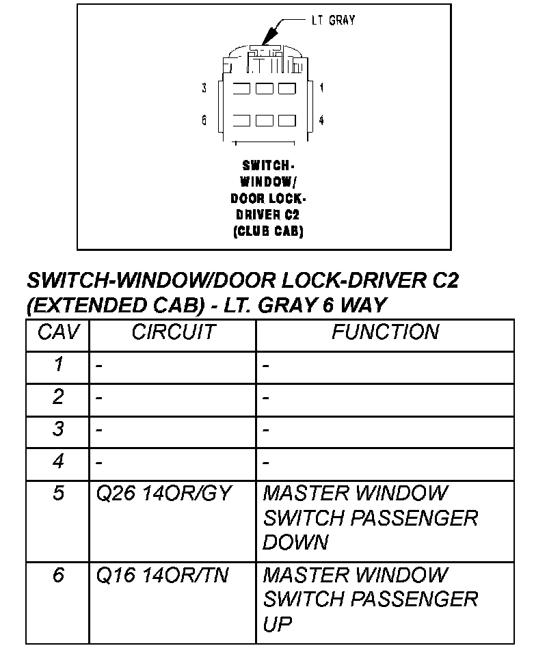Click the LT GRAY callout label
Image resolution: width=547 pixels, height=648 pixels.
click(333, 21)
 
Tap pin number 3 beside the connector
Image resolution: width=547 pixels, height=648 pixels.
click(204, 88)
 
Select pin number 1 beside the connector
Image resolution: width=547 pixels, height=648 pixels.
click(321, 88)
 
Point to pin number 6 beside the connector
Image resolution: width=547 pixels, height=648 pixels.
click(204, 120)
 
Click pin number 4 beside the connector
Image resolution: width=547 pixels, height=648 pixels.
click(321, 120)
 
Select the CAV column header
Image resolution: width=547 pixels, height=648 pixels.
click(58, 333)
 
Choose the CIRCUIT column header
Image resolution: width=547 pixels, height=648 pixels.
click(173, 333)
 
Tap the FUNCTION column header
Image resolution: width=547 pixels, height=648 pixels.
click(385, 333)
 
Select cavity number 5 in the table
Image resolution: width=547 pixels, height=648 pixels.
click(59, 494)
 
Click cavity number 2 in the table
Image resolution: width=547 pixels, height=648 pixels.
click(59, 397)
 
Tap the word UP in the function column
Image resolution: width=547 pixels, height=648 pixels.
click(277, 624)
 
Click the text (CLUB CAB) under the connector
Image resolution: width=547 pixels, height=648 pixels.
click(269, 231)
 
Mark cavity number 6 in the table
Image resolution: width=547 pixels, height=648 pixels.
click(59, 576)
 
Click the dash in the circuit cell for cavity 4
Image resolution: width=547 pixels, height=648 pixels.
click(99, 463)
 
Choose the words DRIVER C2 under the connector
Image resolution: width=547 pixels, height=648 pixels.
click(269, 215)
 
